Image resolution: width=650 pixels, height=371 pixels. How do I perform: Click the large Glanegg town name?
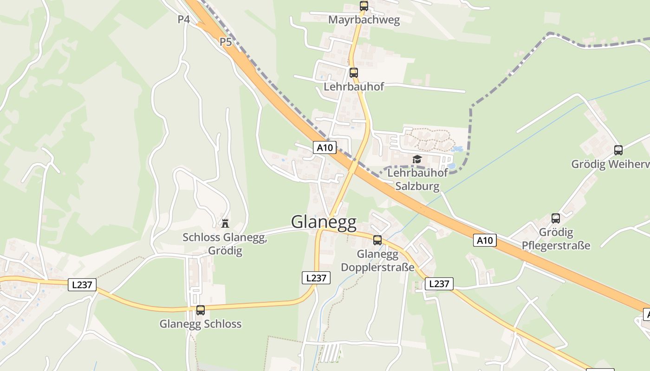point(324,222)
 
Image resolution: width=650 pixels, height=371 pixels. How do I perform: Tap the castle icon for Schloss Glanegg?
point(225,223)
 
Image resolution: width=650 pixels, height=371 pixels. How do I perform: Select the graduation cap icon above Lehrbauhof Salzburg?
point(417,160)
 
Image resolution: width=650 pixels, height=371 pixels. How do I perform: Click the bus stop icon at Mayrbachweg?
point(364,6)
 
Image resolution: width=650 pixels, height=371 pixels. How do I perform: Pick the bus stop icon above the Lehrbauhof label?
point(354,73)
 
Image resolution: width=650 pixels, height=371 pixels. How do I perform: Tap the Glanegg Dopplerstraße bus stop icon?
point(377,240)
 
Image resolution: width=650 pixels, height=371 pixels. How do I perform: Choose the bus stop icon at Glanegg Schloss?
point(201,310)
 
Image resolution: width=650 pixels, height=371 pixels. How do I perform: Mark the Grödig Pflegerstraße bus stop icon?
point(556,218)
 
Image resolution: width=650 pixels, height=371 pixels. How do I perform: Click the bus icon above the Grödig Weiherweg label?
point(618,150)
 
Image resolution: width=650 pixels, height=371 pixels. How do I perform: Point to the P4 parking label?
point(184,19)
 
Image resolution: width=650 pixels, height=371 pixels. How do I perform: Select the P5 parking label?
point(226,42)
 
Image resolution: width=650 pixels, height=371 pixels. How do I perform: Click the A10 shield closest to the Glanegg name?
point(325,147)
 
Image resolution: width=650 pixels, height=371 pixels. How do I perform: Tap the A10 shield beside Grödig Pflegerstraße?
point(485,240)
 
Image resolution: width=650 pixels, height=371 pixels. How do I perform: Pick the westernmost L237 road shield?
point(82,285)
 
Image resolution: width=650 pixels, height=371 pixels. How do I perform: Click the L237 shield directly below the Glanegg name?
point(316,278)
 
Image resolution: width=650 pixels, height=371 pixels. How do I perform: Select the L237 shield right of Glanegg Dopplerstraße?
point(439,284)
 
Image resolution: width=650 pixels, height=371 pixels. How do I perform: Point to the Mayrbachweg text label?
point(364,20)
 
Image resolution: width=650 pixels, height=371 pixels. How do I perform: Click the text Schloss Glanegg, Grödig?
point(225,244)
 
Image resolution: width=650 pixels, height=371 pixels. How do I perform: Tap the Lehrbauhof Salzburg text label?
point(417,179)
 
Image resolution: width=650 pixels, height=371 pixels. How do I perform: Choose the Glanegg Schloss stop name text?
point(201,324)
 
